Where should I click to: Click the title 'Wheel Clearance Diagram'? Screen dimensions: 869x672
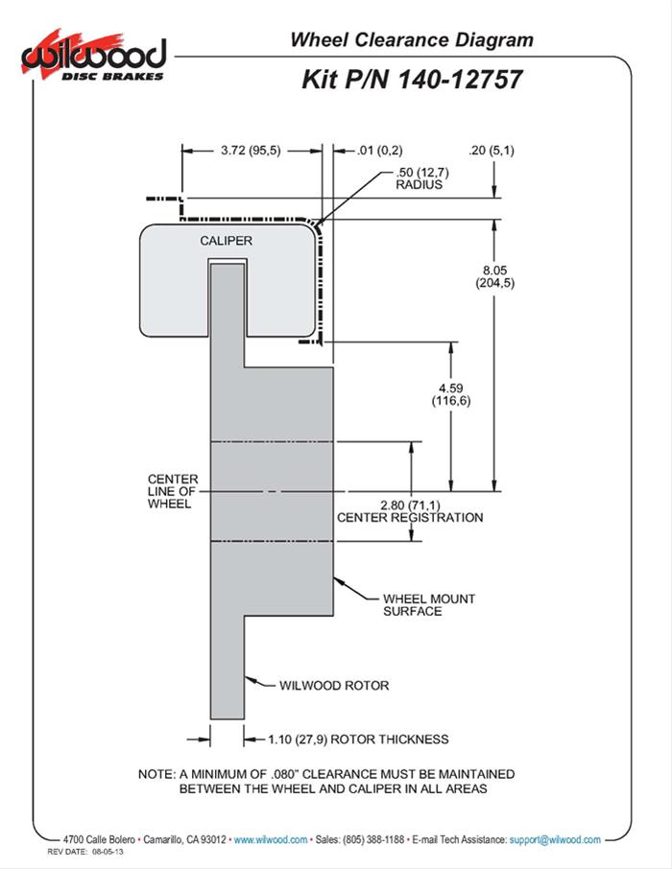point(411,40)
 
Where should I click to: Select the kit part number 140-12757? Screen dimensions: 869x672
point(455,79)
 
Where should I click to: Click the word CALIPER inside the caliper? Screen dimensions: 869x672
point(227,241)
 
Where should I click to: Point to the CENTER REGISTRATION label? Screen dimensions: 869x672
point(410,518)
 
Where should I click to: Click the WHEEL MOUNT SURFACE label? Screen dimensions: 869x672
point(416,604)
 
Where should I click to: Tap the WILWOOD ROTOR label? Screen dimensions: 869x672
point(333,686)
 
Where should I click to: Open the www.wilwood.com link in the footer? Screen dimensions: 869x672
point(271,839)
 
